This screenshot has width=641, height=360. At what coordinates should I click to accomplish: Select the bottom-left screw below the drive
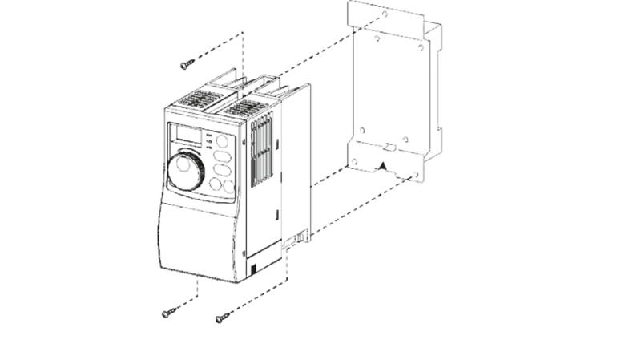pos(167,313)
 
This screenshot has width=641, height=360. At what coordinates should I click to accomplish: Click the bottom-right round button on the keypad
pos(229,187)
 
